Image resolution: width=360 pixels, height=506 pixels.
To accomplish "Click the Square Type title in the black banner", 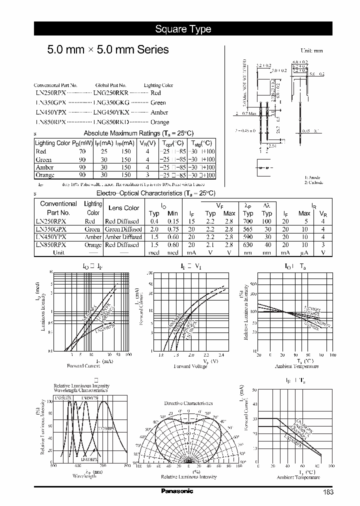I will (182, 29).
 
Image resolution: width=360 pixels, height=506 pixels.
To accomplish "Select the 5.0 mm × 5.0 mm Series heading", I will (107, 50).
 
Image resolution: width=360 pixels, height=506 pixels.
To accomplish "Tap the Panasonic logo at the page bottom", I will (176, 491).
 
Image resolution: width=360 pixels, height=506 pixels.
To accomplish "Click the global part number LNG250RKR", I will (111, 93).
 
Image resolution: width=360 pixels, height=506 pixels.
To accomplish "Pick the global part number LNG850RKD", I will (111, 122).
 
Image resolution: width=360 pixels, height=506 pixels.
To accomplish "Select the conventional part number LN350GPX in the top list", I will (50, 103).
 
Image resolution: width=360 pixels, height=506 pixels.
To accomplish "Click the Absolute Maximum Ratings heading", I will (138, 133).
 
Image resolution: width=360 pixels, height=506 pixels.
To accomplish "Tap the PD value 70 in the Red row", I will (82, 151).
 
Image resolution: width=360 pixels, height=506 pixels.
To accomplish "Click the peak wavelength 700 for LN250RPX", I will (248, 221).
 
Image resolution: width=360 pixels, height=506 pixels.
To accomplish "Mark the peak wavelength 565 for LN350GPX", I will (248, 229).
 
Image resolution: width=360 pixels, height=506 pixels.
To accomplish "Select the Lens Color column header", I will (124, 208).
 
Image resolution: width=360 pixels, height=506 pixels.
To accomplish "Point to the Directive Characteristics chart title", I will (188, 403).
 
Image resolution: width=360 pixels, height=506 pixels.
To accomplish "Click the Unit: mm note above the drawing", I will (311, 51).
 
